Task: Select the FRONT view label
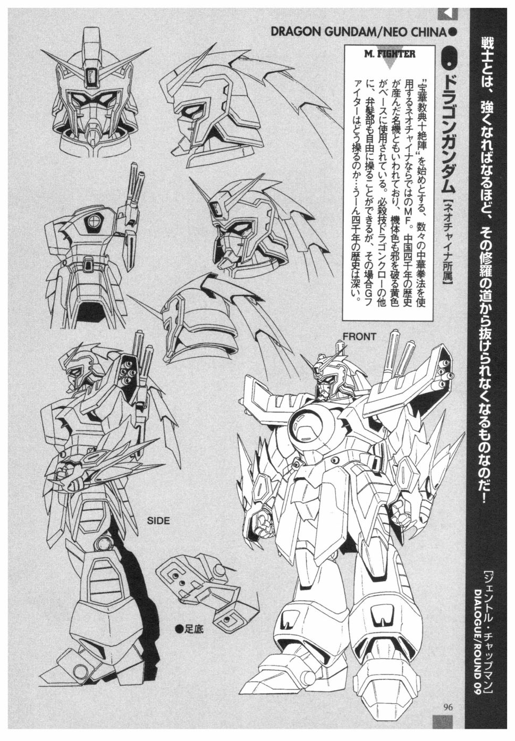[x=359, y=337]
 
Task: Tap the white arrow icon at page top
[x=447, y=14]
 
